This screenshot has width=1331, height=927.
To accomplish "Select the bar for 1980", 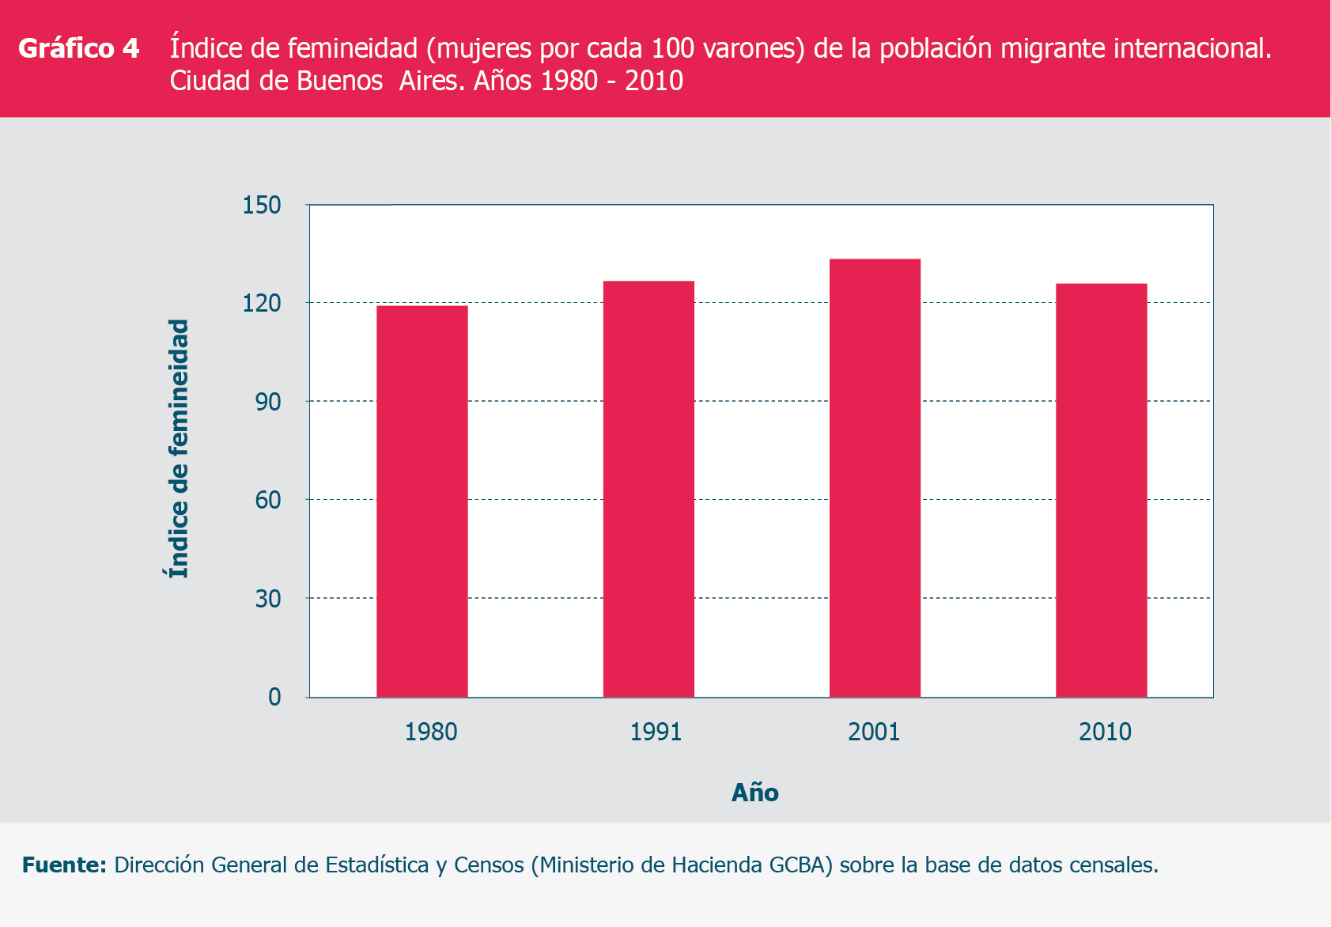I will [422, 501].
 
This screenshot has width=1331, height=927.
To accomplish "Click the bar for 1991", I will [648, 489].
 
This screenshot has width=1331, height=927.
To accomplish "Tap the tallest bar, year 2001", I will [875, 478].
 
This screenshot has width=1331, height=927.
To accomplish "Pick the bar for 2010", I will [1101, 490].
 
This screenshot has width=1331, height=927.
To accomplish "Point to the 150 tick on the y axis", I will [262, 205].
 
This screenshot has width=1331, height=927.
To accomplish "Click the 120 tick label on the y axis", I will [262, 303].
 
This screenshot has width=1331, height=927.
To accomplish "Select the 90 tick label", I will [267, 402].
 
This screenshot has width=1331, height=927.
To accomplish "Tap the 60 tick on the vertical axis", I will [267, 500].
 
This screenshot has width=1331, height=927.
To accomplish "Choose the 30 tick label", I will [267, 599].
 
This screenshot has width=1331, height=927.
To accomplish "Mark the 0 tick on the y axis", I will [274, 697].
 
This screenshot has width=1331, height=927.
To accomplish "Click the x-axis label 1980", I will [431, 732].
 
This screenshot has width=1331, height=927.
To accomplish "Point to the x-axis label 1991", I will [656, 732].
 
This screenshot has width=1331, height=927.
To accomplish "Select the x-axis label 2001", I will [874, 732].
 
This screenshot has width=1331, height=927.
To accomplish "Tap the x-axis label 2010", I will [1105, 732].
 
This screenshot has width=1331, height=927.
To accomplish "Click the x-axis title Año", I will [754, 793].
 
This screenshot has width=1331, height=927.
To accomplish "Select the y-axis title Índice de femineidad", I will [180, 448].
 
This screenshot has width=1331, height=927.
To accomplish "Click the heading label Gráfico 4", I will [78, 48].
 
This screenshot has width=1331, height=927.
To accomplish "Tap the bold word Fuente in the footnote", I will [63, 865].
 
